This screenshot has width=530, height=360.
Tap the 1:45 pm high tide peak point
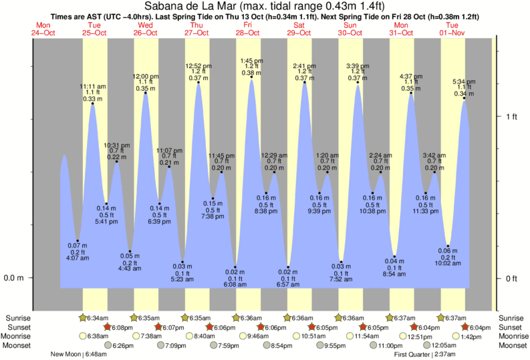click(252, 77)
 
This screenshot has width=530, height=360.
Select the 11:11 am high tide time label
click(92, 86)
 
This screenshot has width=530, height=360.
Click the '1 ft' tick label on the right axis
click(512, 117)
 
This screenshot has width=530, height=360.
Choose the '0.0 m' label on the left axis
click(14, 279)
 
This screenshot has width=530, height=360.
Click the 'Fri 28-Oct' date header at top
click(247, 29)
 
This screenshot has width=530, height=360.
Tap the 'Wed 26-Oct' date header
click(145, 29)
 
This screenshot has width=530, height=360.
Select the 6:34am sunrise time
click(98, 318)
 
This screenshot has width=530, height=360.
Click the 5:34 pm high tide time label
click(464, 81)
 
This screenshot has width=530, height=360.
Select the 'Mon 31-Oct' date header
click(400, 29)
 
